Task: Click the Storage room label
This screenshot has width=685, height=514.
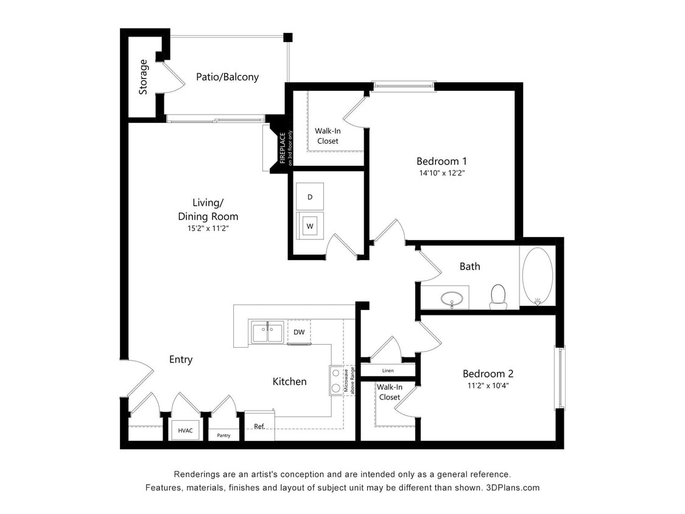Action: [x=143, y=77]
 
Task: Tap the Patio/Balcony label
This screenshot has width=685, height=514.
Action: [x=227, y=77]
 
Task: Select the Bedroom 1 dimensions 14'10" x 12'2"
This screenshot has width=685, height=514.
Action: [x=441, y=173]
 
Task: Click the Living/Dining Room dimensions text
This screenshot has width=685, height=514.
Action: [x=208, y=228]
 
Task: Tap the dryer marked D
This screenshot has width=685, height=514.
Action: [x=310, y=197]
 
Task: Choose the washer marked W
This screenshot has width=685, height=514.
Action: [x=310, y=226]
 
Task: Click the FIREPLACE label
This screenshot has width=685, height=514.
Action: [x=283, y=148]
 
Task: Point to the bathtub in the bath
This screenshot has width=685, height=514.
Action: [x=537, y=275]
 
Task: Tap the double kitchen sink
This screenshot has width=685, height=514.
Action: [x=267, y=333]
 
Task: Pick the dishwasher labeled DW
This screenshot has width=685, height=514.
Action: [x=299, y=332]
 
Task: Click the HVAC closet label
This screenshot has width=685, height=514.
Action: [x=185, y=431]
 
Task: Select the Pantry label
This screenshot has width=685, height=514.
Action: [x=223, y=435]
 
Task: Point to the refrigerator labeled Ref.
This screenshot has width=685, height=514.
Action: [x=259, y=426]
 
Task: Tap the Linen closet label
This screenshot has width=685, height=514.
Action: [x=388, y=370]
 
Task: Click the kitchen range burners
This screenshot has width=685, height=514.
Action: [x=335, y=380]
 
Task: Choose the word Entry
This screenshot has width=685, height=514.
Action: [x=181, y=359]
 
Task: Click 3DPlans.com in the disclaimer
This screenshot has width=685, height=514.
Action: [x=513, y=488]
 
